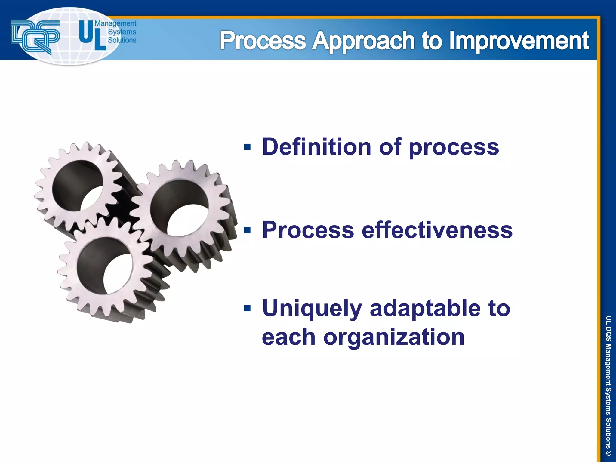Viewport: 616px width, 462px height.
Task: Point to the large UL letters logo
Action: (x=92, y=35)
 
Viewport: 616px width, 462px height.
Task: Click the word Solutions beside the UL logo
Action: (x=122, y=40)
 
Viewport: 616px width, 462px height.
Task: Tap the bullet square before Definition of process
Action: (x=247, y=147)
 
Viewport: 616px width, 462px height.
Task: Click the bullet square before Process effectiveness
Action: (x=247, y=230)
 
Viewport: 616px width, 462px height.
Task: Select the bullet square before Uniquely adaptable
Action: (x=247, y=308)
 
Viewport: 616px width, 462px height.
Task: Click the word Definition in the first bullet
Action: (x=316, y=147)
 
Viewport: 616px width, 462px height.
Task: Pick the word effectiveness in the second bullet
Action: (x=437, y=230)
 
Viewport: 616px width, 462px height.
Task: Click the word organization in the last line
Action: (x=394, y=337)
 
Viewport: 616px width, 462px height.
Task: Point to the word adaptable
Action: (x=425, y=308)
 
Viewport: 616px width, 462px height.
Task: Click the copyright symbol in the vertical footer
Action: (x=608, y=453)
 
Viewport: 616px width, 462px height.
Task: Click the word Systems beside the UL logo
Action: (x=122, y=32)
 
